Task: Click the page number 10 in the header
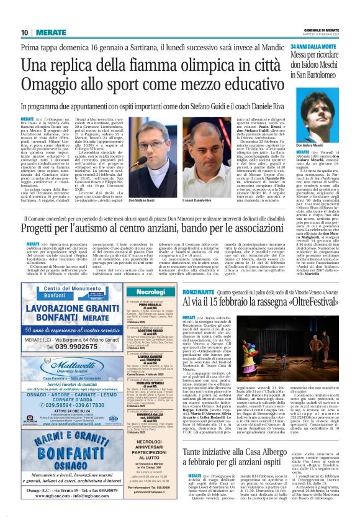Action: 25,32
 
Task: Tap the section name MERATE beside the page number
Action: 50,32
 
